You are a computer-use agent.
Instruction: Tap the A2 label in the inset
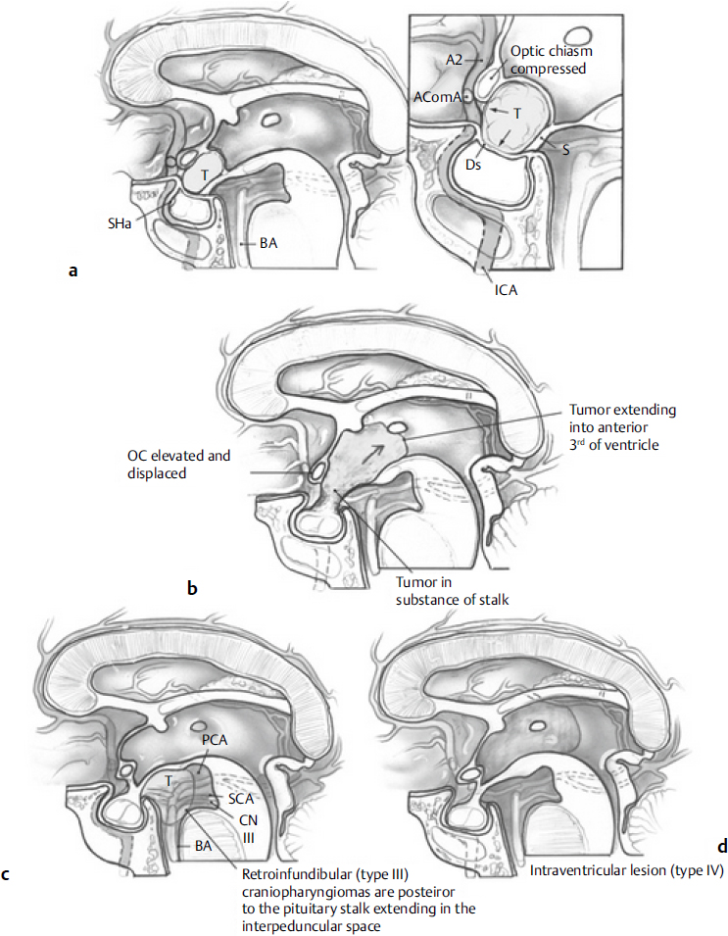(x=454, y=60)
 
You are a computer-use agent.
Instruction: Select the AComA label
(x=438, y=97)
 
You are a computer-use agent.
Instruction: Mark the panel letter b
(x=193, y=589)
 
